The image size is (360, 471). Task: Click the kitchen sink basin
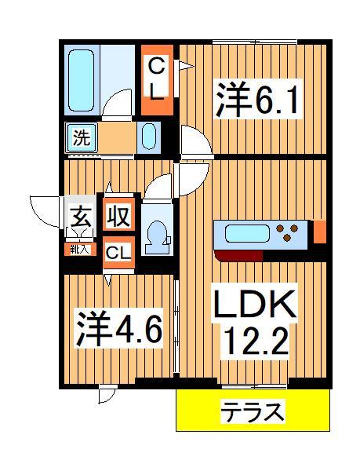click(245, 233)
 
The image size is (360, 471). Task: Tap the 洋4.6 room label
click(118, 328)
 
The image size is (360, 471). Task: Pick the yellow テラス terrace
click(250, 411)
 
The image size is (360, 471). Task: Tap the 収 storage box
click(118, 214)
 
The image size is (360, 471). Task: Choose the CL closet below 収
click(118, 253)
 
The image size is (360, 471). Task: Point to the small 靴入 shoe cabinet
click(79, 250)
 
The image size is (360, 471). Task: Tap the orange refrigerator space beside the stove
click(319, 232)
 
